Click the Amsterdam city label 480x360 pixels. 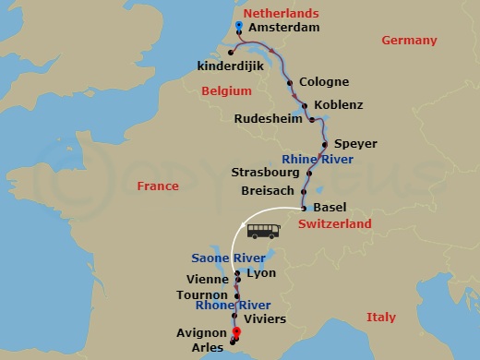[285, 28]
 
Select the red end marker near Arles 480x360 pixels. [237, 333]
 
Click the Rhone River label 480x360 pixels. [233, 305]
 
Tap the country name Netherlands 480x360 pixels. [279, 13]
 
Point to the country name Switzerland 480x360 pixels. [335, 223]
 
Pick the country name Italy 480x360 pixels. [380, 317]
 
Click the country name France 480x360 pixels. [158, 186]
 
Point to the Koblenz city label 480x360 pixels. [338, 105]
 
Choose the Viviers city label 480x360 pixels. [263, 319]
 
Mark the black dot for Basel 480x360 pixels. [304, 208]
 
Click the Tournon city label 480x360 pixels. [202, 295]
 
